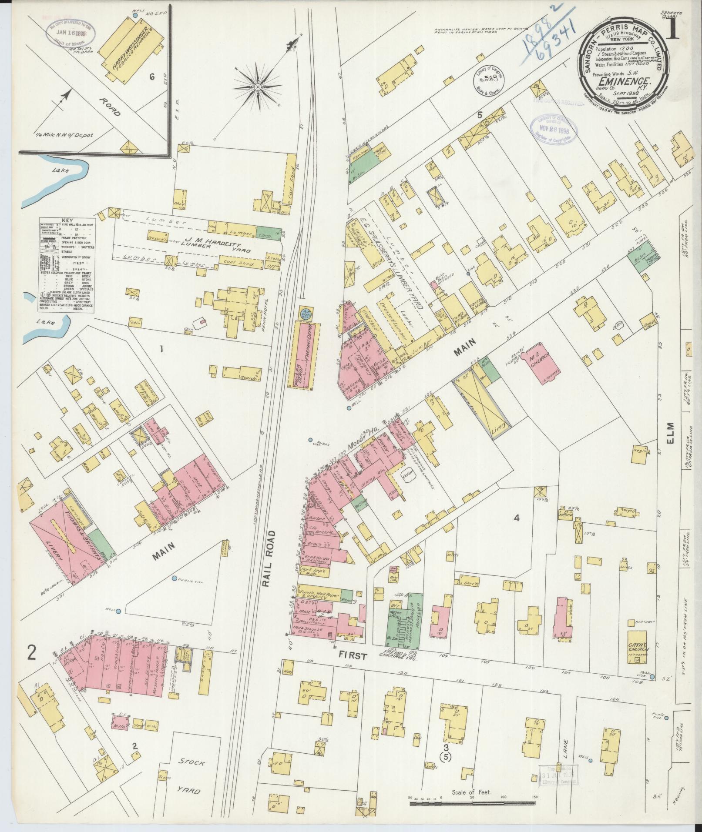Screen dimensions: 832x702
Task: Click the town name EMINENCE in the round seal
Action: [620, 81]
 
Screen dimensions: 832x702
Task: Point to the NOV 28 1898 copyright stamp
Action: [554, 130]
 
